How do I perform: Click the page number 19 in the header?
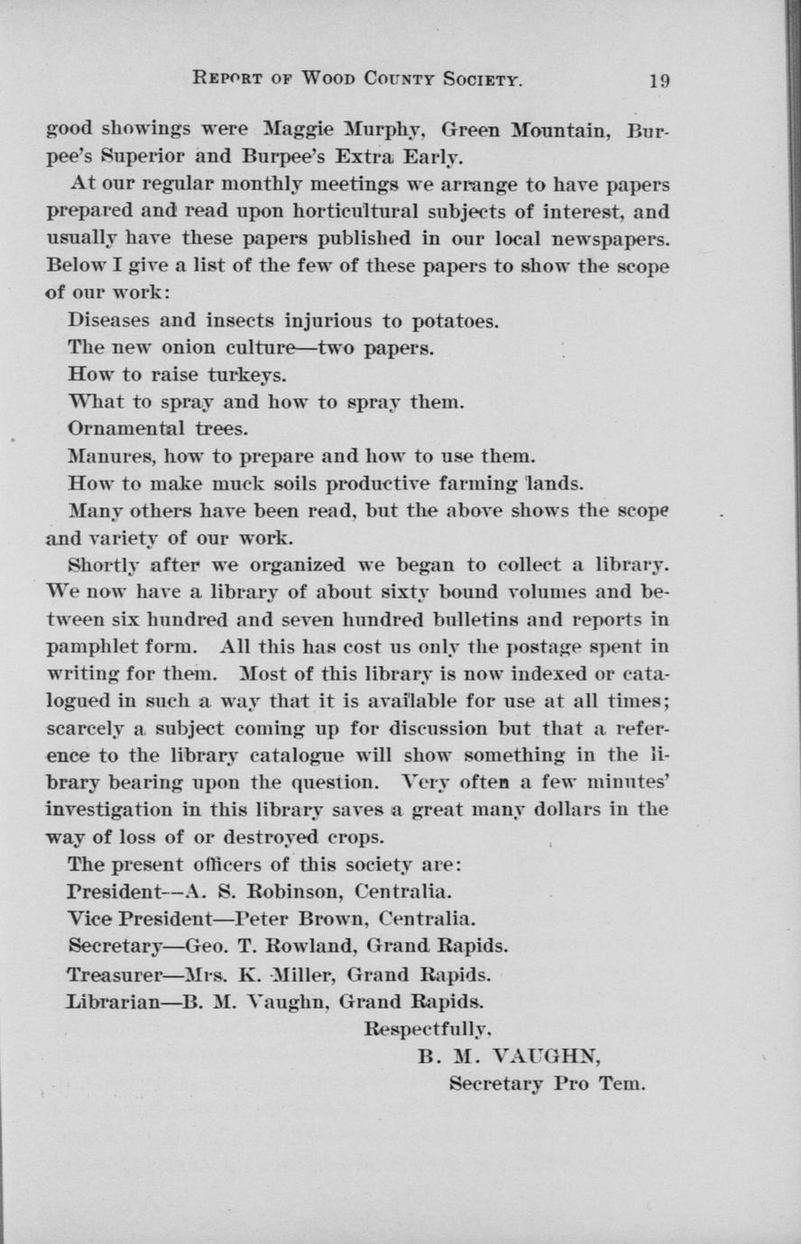point(659,79)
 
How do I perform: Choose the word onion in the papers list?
point(193,347)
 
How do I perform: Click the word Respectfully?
point(427,1028)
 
